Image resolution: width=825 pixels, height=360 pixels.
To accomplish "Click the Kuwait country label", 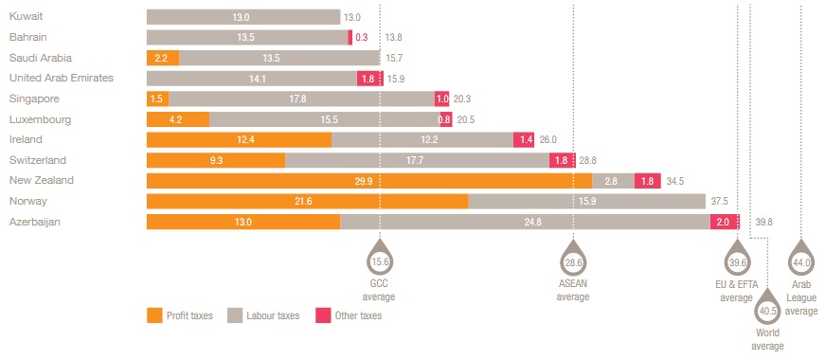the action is click(26, 16).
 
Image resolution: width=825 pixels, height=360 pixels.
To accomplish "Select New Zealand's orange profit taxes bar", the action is click(369, 181).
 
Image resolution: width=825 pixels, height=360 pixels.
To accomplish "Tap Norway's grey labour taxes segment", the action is click(586, 201).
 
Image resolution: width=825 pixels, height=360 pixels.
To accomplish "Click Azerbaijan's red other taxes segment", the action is click(725, 222).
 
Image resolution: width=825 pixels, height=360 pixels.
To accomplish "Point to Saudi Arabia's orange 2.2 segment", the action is click(163, 58).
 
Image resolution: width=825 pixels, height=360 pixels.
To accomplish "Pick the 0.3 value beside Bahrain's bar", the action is click(362, 37).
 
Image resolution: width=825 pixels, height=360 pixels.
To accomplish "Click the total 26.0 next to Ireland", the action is click(547, 140).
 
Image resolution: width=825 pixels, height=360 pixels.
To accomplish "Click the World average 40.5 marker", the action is click(767, 309).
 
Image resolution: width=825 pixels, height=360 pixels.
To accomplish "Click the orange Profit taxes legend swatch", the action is click(154, 315).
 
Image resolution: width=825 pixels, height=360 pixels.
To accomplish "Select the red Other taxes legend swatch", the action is click(323, 315).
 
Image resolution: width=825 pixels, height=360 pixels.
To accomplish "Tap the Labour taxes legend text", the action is click(273, 315).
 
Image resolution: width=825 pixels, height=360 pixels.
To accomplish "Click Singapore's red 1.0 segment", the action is click(441, 99).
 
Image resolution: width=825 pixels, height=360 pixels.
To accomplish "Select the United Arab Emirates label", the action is click(62, 78).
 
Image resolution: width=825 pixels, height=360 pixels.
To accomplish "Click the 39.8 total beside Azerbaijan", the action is click(763, 222).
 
